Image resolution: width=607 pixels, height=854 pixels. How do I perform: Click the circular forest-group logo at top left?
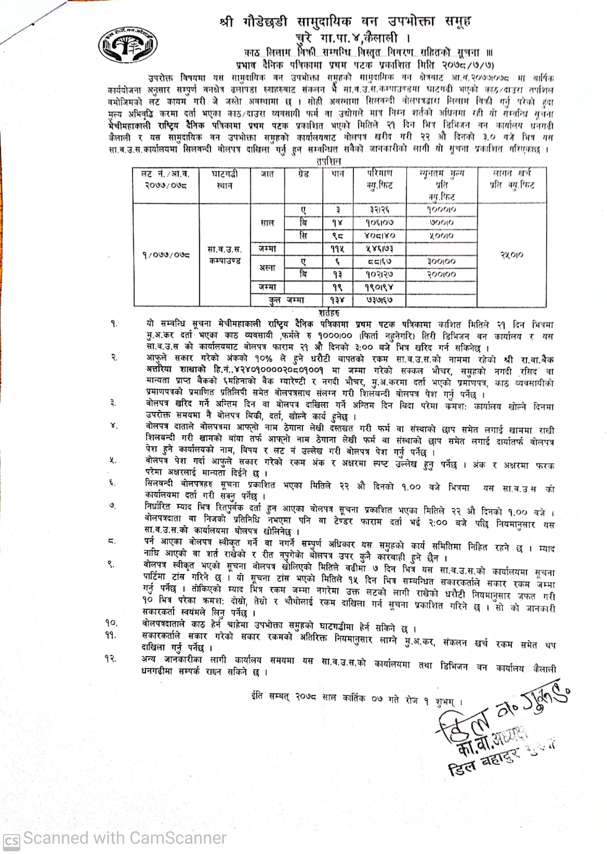128,45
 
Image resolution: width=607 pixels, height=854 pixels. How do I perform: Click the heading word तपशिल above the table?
329,161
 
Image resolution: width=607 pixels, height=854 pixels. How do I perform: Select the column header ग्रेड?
303,174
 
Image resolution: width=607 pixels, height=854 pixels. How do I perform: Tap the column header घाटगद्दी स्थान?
225,180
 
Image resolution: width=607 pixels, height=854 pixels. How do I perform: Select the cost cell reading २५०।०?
512,255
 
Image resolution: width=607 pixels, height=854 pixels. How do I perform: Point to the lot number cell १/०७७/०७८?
166,255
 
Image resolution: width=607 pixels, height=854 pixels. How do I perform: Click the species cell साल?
267,223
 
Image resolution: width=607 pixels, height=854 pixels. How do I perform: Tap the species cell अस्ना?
267,268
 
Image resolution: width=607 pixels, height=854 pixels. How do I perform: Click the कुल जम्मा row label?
286,300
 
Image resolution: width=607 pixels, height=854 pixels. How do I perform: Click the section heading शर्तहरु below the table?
329,312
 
